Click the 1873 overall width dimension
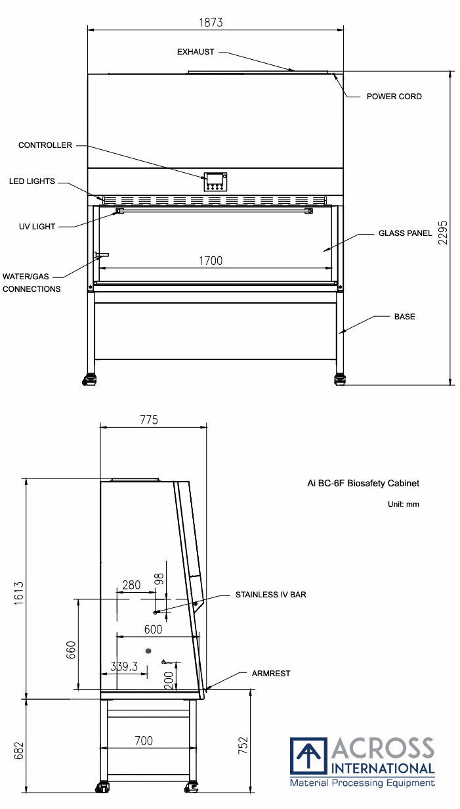pos(211,22)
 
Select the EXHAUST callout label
pos(196,52)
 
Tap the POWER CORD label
pos(394,97)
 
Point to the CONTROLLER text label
pos(45,145)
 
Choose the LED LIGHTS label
pos(32,181)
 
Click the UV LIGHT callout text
pos(37,227)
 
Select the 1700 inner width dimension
pos(211,261)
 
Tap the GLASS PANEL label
pos(405,233)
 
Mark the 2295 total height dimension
pos(443,232)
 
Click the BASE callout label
pos(404,317)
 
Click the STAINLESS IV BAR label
pos(271,595)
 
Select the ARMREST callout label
pos(271,674)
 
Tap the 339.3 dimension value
pos(124,666)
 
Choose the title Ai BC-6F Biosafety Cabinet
pos(363,484)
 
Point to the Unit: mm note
pos(404,505)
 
